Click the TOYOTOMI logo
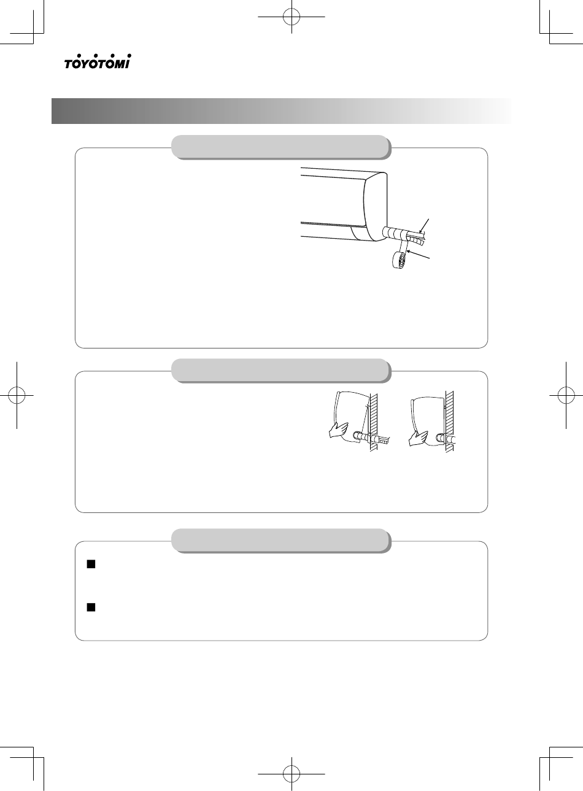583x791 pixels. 98,61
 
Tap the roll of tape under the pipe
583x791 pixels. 400,260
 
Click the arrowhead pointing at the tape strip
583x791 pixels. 409,251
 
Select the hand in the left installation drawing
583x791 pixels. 338,431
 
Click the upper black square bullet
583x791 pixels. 91,565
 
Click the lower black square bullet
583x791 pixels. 91,607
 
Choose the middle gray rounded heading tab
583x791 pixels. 282,371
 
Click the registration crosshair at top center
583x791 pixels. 291,17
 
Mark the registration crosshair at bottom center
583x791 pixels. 291,774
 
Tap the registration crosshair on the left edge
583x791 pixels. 17,395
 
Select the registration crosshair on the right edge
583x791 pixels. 566,395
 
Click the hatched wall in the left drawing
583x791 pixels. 374,421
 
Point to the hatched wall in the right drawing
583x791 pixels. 449,422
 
